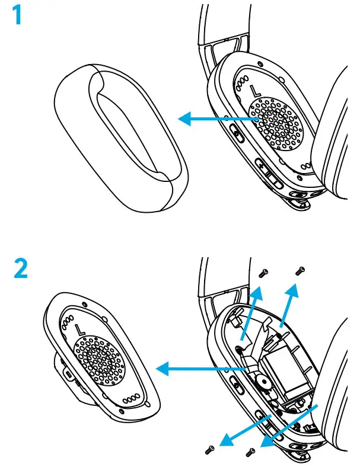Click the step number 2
point(22,270)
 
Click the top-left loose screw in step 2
point(264,273)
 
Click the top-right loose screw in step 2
point(300,270)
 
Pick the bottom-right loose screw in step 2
point(250,453)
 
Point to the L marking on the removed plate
point(79,327)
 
